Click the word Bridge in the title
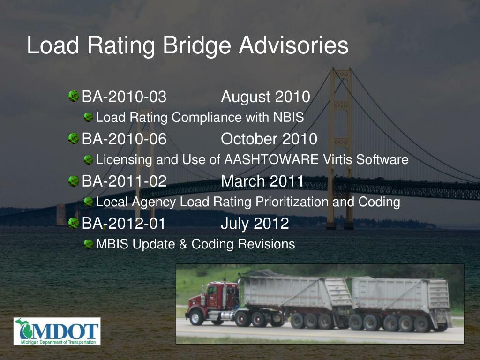point(196,46)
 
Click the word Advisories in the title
point(293,46)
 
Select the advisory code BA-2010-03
point(124,97)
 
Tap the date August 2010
point(265,97)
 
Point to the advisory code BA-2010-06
point(124,139)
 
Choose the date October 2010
point(269,139)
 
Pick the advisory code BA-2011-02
point(124,181)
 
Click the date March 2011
point(262,181)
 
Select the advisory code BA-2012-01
point(124,224)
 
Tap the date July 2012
point(255,224)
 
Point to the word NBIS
point(288,118)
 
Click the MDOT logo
point(57,331)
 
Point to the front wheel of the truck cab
point(196,317)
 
